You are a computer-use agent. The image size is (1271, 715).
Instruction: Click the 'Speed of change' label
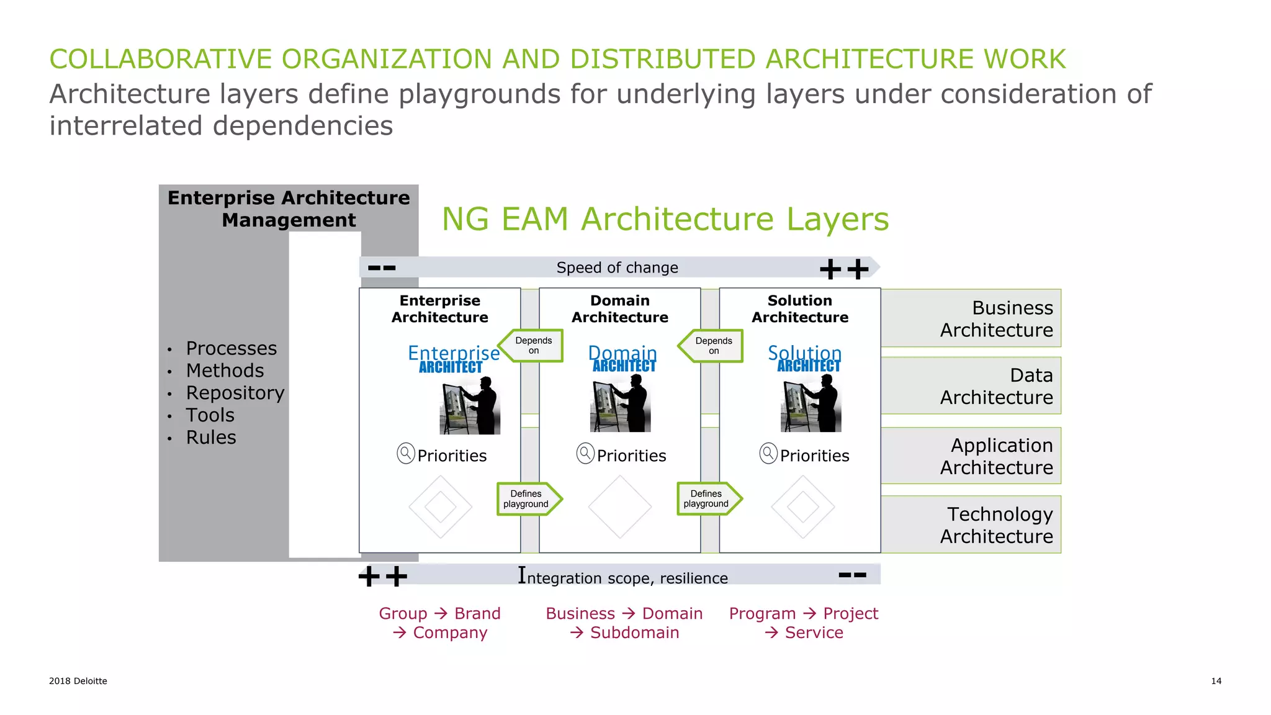617,268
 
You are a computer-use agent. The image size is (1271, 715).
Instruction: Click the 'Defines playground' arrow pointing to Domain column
527,499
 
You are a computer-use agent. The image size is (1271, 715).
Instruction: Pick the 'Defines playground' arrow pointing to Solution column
707,499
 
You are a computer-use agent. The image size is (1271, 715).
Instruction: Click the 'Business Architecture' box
971,318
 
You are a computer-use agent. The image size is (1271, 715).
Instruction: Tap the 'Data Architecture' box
971,386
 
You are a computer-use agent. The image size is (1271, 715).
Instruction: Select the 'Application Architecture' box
971,456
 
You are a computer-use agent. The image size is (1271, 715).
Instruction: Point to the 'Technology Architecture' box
971,525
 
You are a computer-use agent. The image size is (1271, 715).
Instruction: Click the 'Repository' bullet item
235,393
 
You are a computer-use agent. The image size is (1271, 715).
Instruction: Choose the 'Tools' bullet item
210,415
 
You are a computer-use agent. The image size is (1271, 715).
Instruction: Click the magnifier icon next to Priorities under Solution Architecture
768,454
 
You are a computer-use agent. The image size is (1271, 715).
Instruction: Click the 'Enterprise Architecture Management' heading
289,209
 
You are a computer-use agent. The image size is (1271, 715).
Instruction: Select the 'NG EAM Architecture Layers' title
665,219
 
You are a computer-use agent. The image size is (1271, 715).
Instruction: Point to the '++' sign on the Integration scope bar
383,577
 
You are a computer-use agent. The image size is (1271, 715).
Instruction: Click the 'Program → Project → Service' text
804,623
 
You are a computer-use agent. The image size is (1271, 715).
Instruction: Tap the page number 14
1216,681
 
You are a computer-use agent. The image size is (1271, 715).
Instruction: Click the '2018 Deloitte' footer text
78,681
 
